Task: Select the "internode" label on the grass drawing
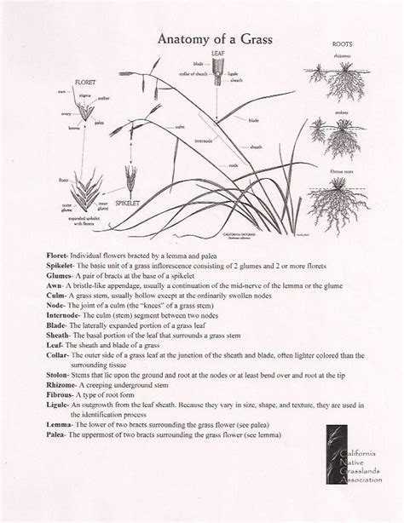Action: pyautogui.click(x=205, y=140)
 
